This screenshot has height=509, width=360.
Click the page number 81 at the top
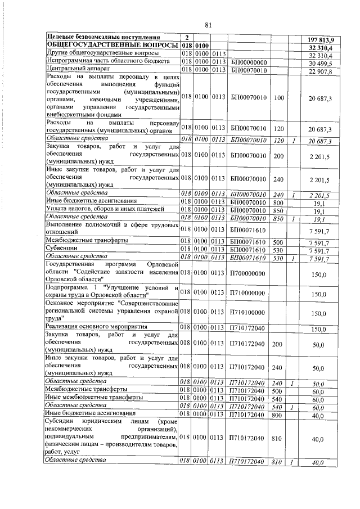pos(208,24)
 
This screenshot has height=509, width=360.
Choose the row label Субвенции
pos(62,248)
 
